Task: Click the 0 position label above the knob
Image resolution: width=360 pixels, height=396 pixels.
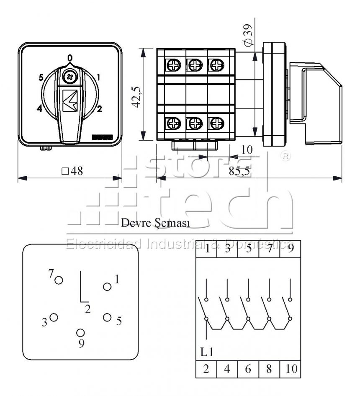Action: [70, 58]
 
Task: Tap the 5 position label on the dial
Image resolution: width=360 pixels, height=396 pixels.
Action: [41, 77]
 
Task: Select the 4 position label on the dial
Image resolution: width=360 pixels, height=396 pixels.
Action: [39, 108]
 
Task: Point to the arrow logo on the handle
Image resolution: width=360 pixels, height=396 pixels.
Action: [70, 100]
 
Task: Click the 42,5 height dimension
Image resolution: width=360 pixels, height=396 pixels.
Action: [137, 97]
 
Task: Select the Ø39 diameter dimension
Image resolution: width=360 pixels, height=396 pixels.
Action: [248, 35]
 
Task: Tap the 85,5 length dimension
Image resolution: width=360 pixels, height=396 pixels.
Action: [239, 171]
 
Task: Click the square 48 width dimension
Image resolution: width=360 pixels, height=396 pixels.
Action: [72, 171]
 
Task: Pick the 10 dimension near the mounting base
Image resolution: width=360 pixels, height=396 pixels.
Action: [247, 150]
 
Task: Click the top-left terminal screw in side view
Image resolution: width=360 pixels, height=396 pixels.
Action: [174, 65]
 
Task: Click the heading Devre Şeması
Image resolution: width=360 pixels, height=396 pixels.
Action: [155, 223]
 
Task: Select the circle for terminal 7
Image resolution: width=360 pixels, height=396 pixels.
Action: [59, 280]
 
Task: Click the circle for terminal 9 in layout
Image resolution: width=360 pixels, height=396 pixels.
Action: [81, 333]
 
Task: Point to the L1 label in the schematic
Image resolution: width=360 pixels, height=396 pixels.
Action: [207, 352]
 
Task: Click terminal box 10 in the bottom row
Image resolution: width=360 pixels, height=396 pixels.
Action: [290, 369]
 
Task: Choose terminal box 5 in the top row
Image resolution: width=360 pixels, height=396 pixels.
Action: [248, 249]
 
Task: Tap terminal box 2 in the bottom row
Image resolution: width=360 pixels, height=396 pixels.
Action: [206, 369]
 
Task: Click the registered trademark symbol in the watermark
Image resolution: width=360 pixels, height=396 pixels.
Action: [285, 156]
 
